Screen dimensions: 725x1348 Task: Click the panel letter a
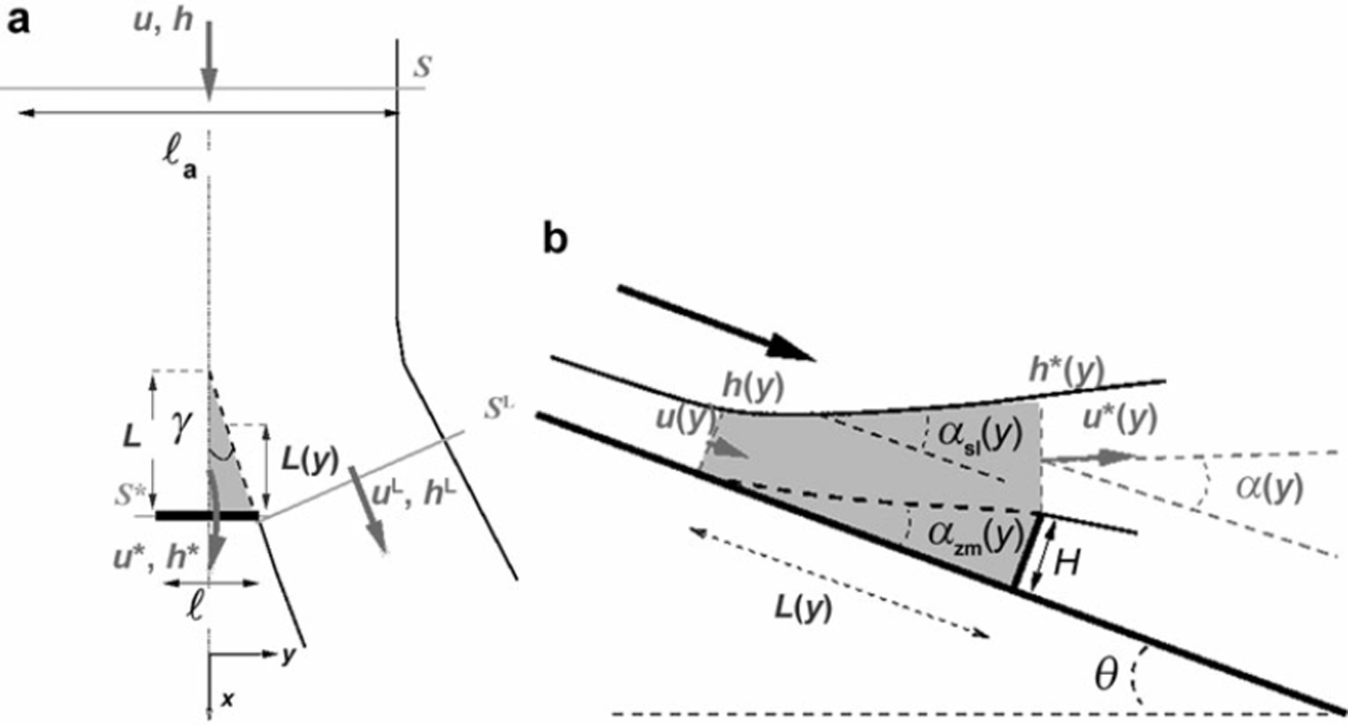tap(18, 22)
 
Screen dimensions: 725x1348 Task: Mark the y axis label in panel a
tap(287, 655)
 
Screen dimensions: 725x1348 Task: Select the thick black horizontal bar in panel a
tap(208, 516)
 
